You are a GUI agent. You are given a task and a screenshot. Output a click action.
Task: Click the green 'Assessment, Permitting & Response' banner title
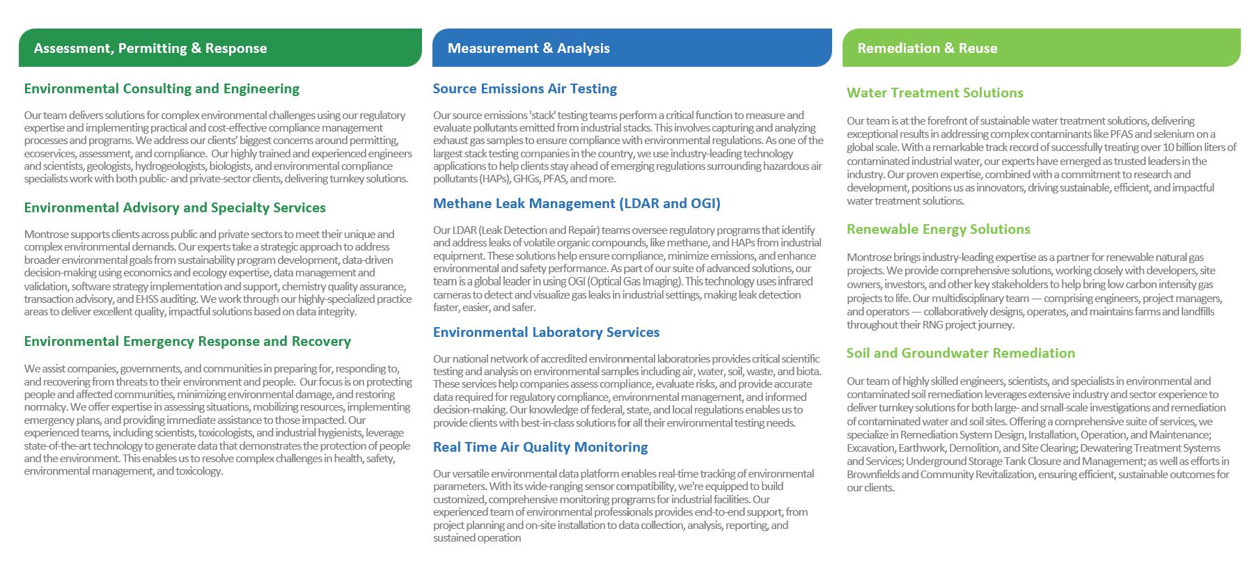click(x=150, y=48)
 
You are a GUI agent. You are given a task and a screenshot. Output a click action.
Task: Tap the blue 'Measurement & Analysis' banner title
click(x=529, y=48)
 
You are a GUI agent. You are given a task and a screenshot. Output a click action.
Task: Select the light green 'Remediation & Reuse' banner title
click(x=928, y=48)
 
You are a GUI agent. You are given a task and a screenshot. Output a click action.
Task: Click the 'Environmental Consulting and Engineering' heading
click(x=162, y=88)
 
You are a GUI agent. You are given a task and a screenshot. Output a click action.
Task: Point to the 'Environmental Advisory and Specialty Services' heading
click(x=175, y=207)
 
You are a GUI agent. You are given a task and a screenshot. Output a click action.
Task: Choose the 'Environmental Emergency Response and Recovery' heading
click(x=187, y=341)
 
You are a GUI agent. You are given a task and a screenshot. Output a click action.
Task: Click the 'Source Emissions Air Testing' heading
click(x=525, y=88)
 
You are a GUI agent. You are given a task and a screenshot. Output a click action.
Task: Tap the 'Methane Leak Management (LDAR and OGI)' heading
click(x=577, y=203)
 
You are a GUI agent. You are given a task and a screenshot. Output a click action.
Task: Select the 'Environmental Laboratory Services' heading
click(x=546, y=332)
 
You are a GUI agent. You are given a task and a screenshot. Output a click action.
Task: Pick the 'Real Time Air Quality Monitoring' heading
click(x=540, y=447)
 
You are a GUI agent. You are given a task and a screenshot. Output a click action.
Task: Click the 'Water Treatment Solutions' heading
click(x=935, y=93)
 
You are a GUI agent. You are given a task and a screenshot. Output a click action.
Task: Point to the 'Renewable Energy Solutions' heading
click(x=939, y=229)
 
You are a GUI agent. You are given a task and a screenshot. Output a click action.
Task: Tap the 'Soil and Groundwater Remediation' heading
click(x=961, y=353)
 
